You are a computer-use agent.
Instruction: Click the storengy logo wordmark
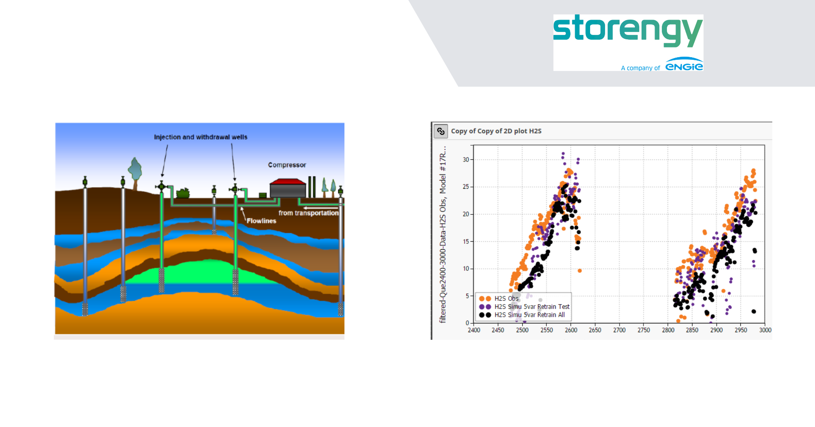628,31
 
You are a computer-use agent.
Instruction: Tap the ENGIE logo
684,64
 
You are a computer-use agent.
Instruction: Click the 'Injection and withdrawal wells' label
201,137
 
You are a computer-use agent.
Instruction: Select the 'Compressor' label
287,165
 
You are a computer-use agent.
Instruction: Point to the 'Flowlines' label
261,221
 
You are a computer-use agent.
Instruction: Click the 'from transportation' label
309,213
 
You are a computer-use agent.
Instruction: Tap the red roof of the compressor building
288,181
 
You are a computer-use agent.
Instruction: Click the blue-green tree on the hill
135,170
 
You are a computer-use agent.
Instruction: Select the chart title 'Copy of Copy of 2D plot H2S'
496,131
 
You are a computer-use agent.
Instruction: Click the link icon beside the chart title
441,131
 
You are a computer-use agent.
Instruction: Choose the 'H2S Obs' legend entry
498,298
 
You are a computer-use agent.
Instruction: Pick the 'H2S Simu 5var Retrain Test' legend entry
524,307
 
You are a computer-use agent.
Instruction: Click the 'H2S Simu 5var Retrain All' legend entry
522,315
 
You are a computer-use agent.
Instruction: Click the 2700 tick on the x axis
619,330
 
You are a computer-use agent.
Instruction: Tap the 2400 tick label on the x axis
474,330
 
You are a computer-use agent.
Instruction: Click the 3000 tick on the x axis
765,330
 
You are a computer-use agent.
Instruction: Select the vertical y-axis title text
443,234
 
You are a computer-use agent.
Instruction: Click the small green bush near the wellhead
183,193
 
